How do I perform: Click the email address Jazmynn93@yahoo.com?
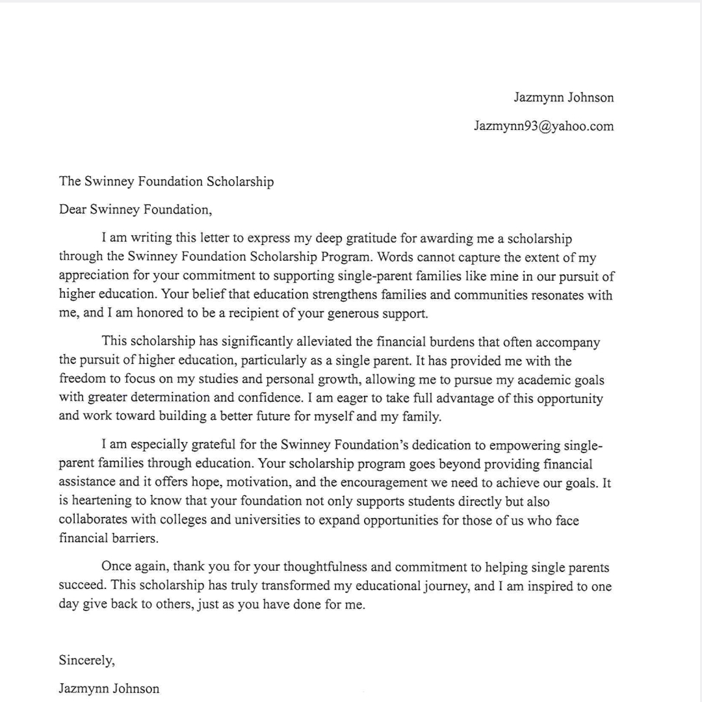pyautogui.click(x=543, y=127)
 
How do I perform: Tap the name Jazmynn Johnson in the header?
pyautogui.click(x=564, y=98)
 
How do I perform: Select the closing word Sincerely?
pyautogui.click(x=86, y=660)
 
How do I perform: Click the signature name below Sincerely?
pyautogui.click(x=109, y=688)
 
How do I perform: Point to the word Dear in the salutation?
pyautogui.click(x=72, y=210)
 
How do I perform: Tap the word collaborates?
pyautogui.click(x=92, y=521)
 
